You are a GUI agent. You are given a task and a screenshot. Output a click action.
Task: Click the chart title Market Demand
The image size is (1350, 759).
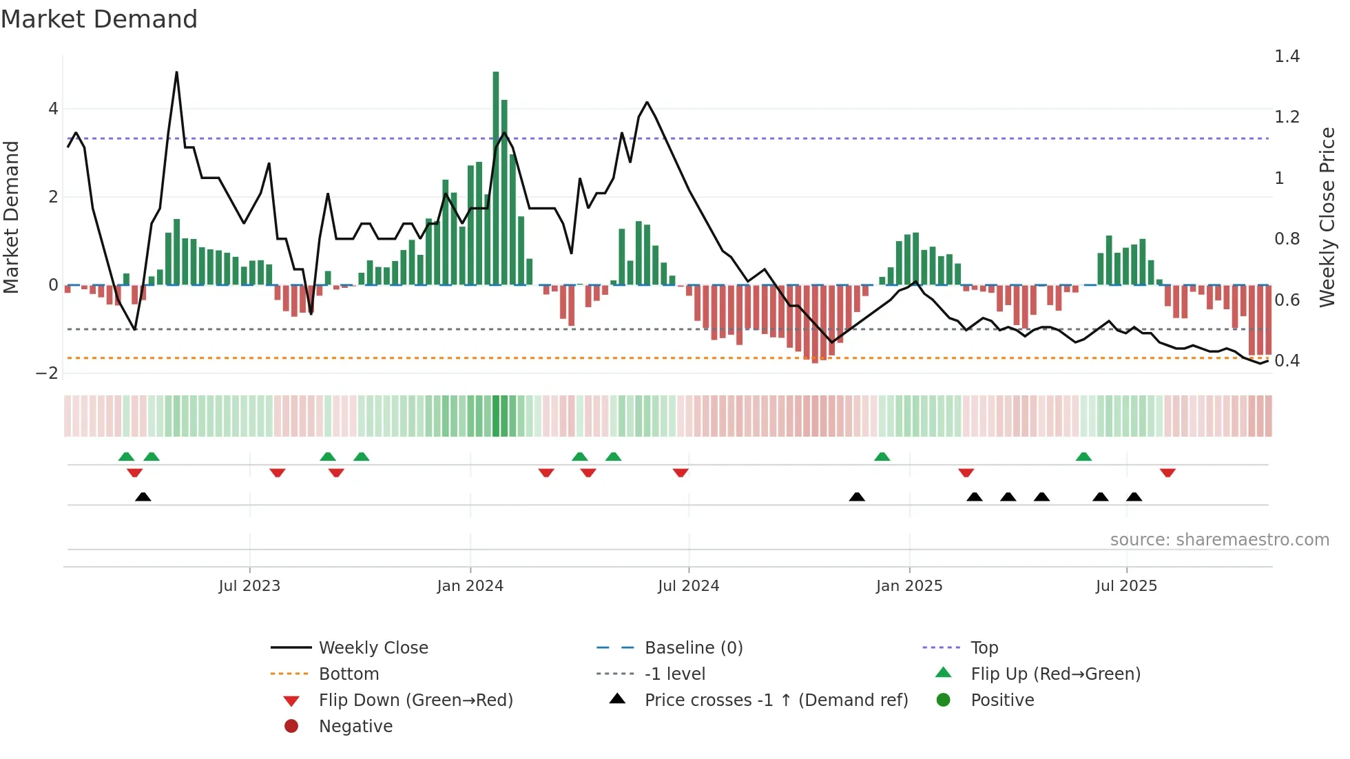coord(99,19)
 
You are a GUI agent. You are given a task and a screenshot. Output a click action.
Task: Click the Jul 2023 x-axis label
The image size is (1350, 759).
coord(249,586)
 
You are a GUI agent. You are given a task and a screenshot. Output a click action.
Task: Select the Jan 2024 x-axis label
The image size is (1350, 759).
coord(470,586)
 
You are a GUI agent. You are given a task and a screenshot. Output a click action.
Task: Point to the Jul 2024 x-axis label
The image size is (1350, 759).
coord(689,586)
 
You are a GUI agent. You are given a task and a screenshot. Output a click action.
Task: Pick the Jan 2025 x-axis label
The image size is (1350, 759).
coord(909,586)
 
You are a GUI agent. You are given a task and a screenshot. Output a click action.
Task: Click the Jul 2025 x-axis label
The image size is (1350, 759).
coord(1127,586)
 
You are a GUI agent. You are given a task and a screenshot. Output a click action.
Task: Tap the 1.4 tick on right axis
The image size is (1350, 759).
coord(1287,56)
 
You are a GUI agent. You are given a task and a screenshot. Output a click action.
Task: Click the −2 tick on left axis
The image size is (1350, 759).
coord(48,373)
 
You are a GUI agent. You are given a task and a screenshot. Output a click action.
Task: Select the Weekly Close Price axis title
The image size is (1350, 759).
coord(1327,217)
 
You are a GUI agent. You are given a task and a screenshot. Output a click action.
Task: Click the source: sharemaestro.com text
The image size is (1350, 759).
coord(1219,540)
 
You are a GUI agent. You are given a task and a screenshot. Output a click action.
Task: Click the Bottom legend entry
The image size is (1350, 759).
coord(349,674)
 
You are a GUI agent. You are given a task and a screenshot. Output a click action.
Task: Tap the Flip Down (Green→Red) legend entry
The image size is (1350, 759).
coord(415,700)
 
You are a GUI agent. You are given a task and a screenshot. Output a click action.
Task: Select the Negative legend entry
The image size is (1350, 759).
coord(355,727)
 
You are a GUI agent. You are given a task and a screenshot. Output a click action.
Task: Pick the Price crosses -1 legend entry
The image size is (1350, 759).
coord(776,700)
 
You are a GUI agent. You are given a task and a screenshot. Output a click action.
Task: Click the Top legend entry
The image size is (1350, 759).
coord(984,648)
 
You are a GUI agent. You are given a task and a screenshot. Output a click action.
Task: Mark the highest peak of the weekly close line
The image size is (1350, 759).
coord(177,72)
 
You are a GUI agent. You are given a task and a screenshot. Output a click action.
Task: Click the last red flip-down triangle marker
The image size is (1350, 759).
coord(1167,472)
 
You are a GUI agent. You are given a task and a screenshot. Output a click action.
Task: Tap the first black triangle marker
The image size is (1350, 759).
coord(143,497)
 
